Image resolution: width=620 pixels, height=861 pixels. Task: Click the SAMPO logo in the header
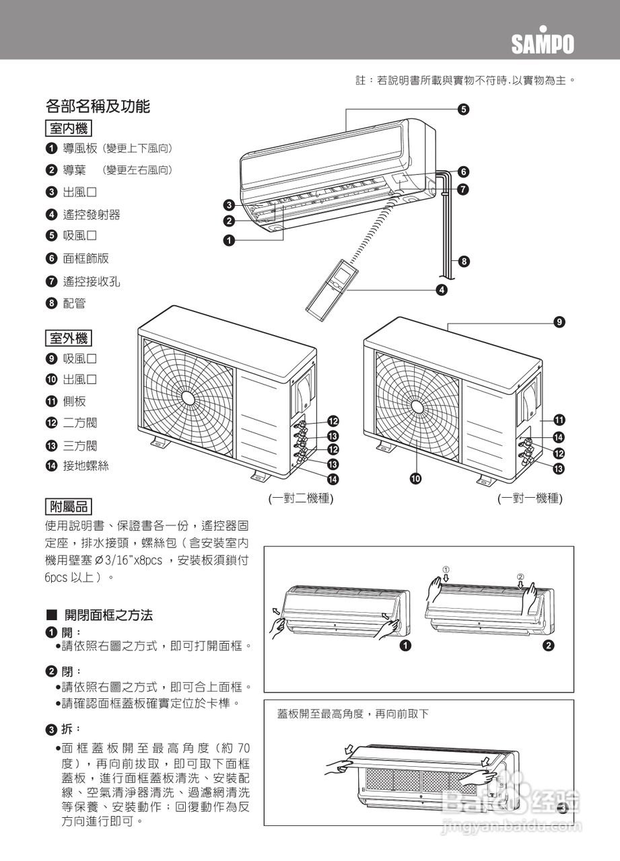click(x=543, y=44)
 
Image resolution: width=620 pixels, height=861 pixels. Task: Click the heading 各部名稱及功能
click(x=98, y=106)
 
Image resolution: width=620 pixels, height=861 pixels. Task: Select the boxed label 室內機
click(x=69, y=128)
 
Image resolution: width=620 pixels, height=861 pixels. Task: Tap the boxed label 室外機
click(x=69, y=338)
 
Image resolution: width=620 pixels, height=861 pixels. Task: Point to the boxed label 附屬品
click(x=69, y=507)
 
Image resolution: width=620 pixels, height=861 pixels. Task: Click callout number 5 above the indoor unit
click(x=464, y=109)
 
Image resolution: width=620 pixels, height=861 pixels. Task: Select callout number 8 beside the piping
click(x=464, y=261)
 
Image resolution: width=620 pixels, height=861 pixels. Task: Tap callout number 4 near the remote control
click(x=442, y=290)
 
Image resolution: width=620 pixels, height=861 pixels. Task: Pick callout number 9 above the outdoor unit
click(x=559, y=323)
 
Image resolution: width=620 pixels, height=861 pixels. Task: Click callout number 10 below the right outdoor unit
click(x=417, y=478)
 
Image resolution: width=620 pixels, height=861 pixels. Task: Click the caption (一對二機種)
click(x=301, y=498)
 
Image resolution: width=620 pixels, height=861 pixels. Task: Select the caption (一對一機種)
click(x=530, y=498)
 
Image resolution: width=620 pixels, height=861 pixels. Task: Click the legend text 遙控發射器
click(x=92, y=215)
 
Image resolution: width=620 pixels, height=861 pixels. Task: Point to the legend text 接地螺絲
click(x=85, y=465)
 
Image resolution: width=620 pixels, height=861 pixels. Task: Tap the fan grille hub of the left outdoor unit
click(x=188, y=398)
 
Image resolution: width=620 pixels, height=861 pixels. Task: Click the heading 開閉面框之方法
click(x=108, y=615)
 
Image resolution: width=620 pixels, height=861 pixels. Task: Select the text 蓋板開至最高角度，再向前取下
click(x=353, y=714)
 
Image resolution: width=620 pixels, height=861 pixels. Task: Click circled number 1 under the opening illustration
click(x=405, y=646)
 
